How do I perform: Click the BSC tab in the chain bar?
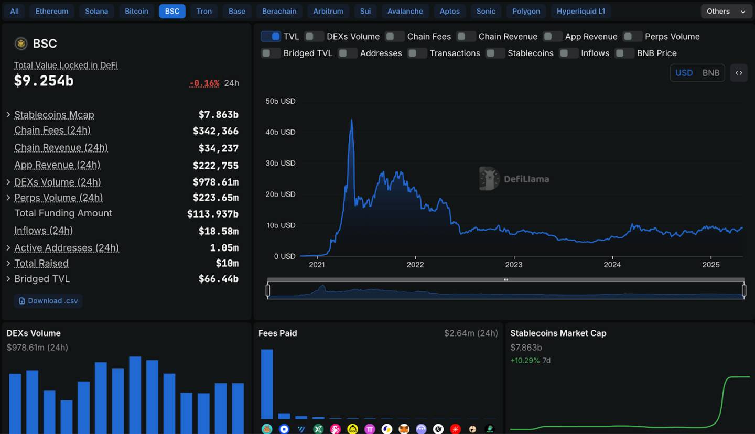[172, 11]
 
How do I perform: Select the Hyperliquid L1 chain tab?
[580, 11]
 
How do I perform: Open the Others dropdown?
[726, 11]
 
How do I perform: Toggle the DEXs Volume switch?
[314, 36]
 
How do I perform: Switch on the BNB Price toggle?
[624, 53]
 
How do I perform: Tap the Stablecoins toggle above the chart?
[495, 53]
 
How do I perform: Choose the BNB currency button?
[710, 73]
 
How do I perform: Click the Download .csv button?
[48, 301]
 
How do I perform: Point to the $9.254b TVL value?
[44, 81]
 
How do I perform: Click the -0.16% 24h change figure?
[204, 83]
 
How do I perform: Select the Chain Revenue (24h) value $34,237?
[218, 148]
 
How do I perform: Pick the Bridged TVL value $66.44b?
[218, 279]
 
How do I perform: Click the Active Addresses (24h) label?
[67, 248]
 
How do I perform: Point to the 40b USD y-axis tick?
[281, 132]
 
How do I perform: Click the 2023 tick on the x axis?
[513, 265]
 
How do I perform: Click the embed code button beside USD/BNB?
[738, 73]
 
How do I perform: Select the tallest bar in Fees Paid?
[267, 384]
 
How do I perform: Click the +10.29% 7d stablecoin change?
[525, 361]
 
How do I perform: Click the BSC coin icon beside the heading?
[21, 44]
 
